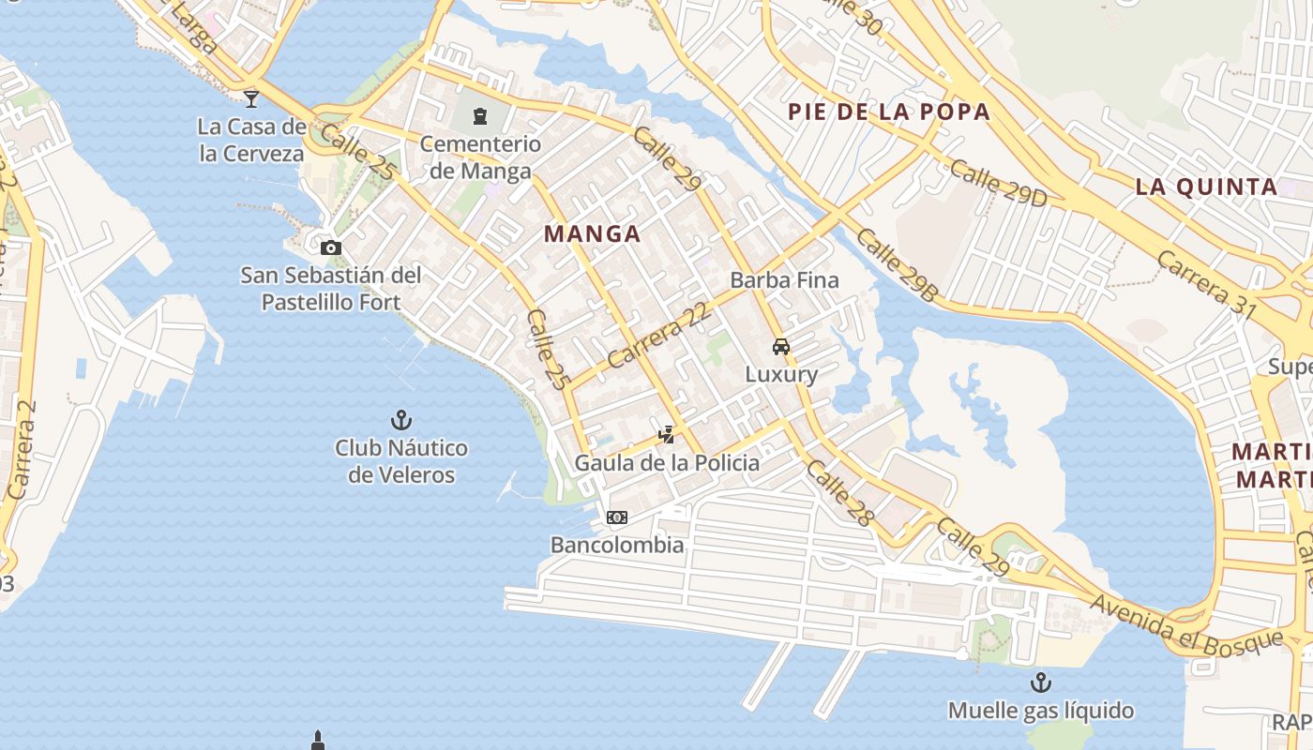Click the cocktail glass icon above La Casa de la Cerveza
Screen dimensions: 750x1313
[250, 97]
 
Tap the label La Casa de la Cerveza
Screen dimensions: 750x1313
[251, 140]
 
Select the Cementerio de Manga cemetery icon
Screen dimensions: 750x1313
[480, 116]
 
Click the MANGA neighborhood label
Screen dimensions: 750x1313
[593, 234]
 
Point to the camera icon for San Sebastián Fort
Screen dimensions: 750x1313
[330, 247]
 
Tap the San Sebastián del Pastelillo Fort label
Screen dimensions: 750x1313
[331, 289]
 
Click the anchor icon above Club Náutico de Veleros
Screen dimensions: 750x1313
[401, 420]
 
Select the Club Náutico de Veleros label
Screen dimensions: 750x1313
[401, 461]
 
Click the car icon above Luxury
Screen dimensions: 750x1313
[781, 347]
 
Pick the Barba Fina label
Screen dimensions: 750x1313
[784, 280]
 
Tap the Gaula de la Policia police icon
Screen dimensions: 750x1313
[667, 434]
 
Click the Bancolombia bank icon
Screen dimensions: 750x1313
[616, 517]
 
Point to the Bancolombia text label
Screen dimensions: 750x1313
[617, 545]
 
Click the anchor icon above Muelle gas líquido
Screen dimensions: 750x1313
[1041, 682]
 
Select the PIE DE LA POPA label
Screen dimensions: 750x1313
[889, 112]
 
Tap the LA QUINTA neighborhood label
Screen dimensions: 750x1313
[1206, 187]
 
